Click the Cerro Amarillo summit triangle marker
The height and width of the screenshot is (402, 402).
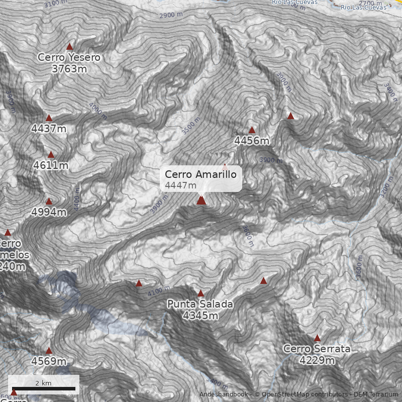pyautogui.click(x=202, y=200)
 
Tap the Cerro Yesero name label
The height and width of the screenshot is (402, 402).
pyautogui.click(x=69, y=58)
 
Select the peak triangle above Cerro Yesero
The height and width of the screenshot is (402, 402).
pyautogui.click(x=70, y=46)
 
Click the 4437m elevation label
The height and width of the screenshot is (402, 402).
pyautogui.click(x=49, y=129)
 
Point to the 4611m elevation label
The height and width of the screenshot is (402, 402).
pyautogui.click(x=51, y=165)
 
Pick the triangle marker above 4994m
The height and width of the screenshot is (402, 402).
pyautogui.click(x=49, y=202)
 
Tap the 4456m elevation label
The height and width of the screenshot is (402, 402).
pyautogui.click(x=252, y=141)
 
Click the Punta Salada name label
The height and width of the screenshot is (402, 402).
pyautogui.click(x=200, y=304)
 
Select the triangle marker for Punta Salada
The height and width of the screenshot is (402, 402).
pyautogui.click(x=200, y=293)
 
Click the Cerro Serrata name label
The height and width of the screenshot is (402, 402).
pyautogui.click(x=317, y=349)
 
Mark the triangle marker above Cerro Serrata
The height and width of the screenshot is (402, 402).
pyautogui.click(x=317, y=338)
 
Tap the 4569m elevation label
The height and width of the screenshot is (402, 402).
pyautogui.click(x=49, y=361)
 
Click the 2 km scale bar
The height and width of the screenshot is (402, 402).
pyautogui.click(x=43, y=388)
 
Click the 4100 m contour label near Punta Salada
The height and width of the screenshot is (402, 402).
pyautogui.click(x=159, y=290)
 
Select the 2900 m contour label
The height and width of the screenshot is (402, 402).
pyautogui.click(x=171, y=15)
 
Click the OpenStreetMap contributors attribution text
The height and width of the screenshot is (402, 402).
pyautogui.click(x=301, y=394)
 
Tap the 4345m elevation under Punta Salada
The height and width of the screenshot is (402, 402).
pyautogui.click(x=200, y=316)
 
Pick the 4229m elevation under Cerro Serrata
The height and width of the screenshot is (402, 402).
pyautogui.click(x=317, y=360)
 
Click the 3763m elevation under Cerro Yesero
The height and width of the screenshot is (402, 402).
pyautogui.click(x=69, y=69)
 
